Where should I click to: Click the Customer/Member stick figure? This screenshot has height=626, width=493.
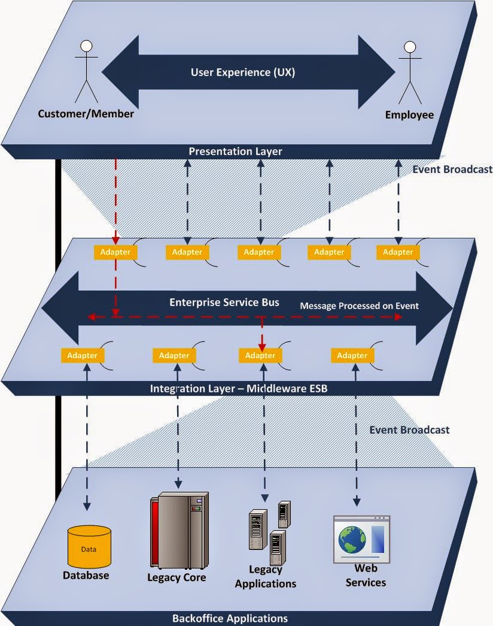tap(86, 71)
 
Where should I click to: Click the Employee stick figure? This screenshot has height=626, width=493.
tap(410, 72)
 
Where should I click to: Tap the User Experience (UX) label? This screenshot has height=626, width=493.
tap(242, 72)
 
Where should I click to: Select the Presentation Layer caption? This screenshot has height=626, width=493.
tap(235, 152)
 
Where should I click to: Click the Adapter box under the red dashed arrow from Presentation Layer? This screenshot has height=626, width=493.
tap(115, 252)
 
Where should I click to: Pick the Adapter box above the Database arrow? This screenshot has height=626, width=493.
tap(82, 355)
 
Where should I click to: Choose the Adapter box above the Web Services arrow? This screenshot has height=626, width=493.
tap(352, 355)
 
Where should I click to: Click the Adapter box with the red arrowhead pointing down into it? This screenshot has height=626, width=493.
tap(260, 355)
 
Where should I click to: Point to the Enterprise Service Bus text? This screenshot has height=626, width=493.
tap(224, 303)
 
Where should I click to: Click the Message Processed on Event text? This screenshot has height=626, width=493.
tap(359, 306)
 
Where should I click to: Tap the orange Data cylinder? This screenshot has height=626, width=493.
tap(89, 546)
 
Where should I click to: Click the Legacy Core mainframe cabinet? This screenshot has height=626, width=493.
tap(179, 531)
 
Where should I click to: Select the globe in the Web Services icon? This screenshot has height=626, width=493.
tap(352, 539)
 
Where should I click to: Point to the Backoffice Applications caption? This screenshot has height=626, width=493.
tap(230, 618)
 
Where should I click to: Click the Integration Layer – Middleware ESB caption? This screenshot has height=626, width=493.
tap(239, 388)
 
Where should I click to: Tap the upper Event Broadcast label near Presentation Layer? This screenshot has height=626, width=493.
tap(452, 170)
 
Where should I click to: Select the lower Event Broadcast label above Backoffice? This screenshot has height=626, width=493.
tap(409, 430)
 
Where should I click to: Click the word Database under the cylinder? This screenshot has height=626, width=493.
tap(86, 575)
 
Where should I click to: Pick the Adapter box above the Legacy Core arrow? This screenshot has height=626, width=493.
tap(174, 355)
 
